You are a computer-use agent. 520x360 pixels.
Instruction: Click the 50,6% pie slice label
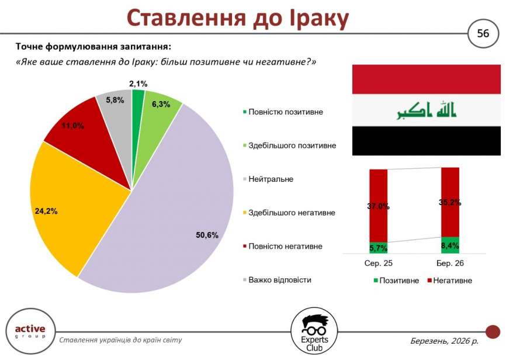click(x=207, y=236)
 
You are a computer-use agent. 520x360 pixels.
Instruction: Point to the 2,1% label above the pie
click(x=138, y=84)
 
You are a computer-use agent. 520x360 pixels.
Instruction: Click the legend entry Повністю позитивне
click(x=283, y=112)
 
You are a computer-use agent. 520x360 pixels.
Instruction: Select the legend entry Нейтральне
click(x=268, y=179)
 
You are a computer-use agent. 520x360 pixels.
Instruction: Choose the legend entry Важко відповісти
click(x=278, y=280)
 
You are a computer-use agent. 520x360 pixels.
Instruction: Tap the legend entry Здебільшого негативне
click(x=289, y=213)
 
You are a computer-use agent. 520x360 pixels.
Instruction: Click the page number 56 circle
click(x=483, y=33)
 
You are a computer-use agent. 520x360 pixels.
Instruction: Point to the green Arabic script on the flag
click(x=427, y=110)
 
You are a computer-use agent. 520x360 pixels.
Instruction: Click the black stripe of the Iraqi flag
click(x=427, y=140)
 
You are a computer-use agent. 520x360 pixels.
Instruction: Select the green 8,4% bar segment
click(x=450, y=245)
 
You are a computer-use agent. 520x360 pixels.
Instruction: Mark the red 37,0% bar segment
click(x=379, y=206)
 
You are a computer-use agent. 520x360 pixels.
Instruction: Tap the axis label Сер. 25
click(x=379, y=263)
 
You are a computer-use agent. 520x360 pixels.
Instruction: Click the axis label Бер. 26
click(x=450, y=263)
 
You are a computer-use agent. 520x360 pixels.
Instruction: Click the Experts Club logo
click(x=314, y=331)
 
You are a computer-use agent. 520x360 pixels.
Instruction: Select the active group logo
click(x=30, y=331)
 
